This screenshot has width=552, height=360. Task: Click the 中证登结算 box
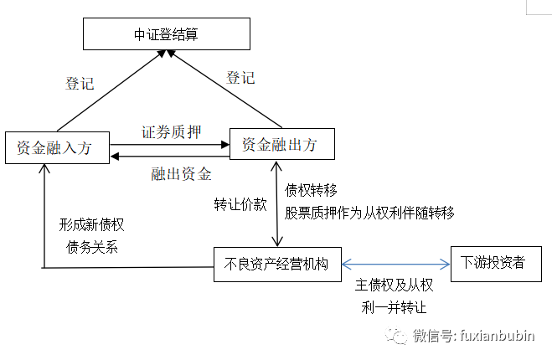pos(166,35)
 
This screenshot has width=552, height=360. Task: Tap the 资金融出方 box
pos(279,144)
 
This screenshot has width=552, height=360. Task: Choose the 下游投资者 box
pos(493,262)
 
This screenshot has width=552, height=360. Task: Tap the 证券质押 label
pos(169,132)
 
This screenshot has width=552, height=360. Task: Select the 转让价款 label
pos(240,206)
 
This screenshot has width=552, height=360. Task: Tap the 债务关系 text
pos(91,247)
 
